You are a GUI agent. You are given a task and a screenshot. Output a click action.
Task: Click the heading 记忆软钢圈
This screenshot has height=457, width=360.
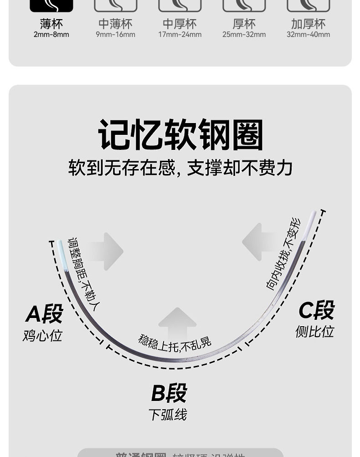(x=180, y=135)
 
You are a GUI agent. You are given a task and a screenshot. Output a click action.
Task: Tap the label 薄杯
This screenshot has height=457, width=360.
(x=51, y=24)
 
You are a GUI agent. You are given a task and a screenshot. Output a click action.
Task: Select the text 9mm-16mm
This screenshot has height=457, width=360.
(x=115, y=35)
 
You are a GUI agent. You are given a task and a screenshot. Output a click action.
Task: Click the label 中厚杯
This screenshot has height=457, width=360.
(x=180, y=24)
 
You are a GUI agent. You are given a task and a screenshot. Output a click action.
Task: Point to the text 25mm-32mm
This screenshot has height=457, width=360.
(x=244, y=35)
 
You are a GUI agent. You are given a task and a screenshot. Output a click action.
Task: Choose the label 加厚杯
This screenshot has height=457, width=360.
(x=308, y=24)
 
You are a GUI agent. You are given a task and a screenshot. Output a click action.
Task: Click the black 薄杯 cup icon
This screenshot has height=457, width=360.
(x=51, y=5)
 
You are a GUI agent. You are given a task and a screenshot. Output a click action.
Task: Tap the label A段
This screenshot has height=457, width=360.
(x=44, y=314)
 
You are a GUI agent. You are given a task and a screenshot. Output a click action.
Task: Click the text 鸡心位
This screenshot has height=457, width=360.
(x=42, y=336)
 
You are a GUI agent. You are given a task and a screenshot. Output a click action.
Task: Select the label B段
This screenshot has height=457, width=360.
(x=169, y=393)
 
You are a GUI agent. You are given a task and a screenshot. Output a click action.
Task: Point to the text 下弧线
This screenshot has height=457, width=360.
(x=168, y=415)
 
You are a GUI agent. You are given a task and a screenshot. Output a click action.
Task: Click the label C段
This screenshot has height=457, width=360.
(x=316, y=310)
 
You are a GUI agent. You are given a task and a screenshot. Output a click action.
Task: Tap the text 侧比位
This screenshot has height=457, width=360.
(x=314, y=332)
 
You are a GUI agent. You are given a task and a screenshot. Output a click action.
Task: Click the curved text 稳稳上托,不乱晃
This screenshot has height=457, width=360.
(x=175, y=343)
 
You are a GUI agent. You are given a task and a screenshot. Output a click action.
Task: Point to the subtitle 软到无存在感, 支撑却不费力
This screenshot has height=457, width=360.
(x=180, y=168)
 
